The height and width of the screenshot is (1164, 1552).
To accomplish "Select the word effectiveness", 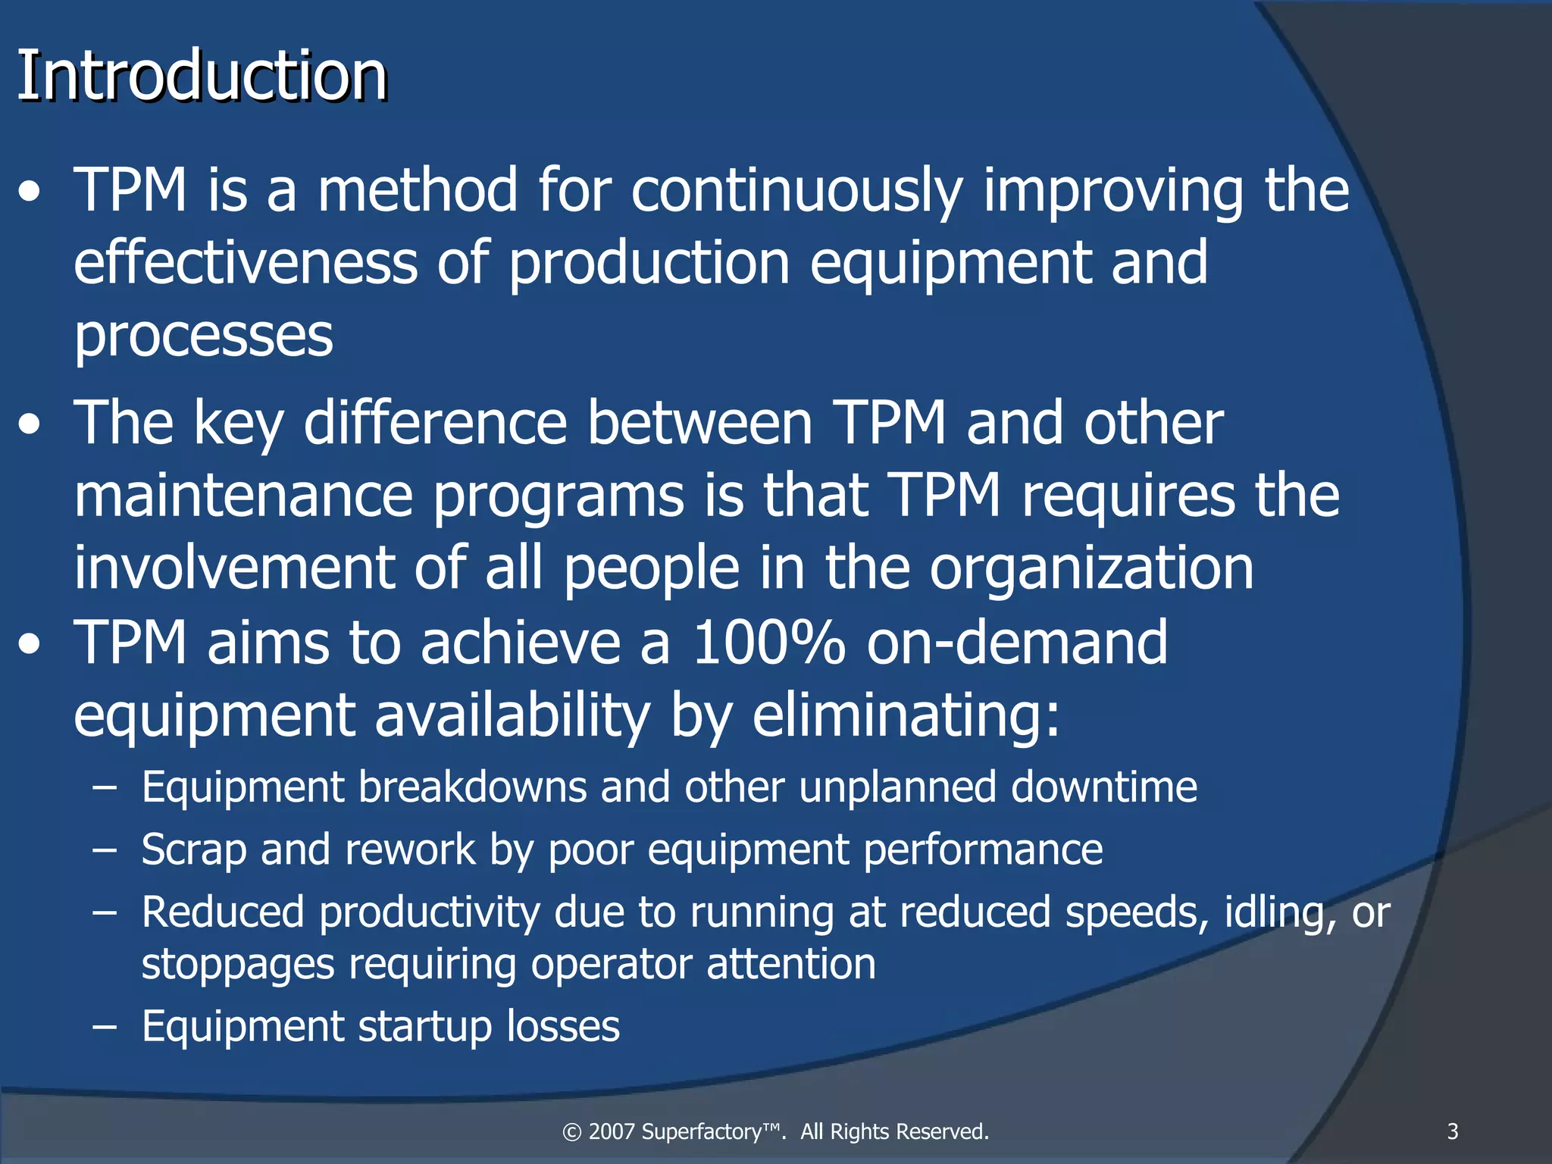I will coord(246,262).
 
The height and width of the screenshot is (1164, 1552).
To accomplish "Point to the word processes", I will coord(203,336).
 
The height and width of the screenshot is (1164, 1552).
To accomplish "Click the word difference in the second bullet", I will coord(435,423).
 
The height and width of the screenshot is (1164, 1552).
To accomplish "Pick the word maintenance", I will coord(243,496).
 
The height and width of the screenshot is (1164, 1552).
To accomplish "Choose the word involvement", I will coord(234,568).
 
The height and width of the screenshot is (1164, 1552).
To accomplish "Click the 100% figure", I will coord(768,643).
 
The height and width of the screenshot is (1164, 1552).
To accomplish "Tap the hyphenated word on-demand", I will coord(1017,643).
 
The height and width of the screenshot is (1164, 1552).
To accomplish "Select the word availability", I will coord(513,715).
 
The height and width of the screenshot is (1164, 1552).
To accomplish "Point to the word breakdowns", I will coord(472,787).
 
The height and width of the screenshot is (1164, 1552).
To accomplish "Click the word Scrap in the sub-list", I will coord(193,850).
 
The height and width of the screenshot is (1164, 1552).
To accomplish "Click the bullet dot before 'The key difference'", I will coord(30,425).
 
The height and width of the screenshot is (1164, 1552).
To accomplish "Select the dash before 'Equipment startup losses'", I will coord(105,1028).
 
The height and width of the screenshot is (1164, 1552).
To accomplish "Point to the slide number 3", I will coord(1452,1131).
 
